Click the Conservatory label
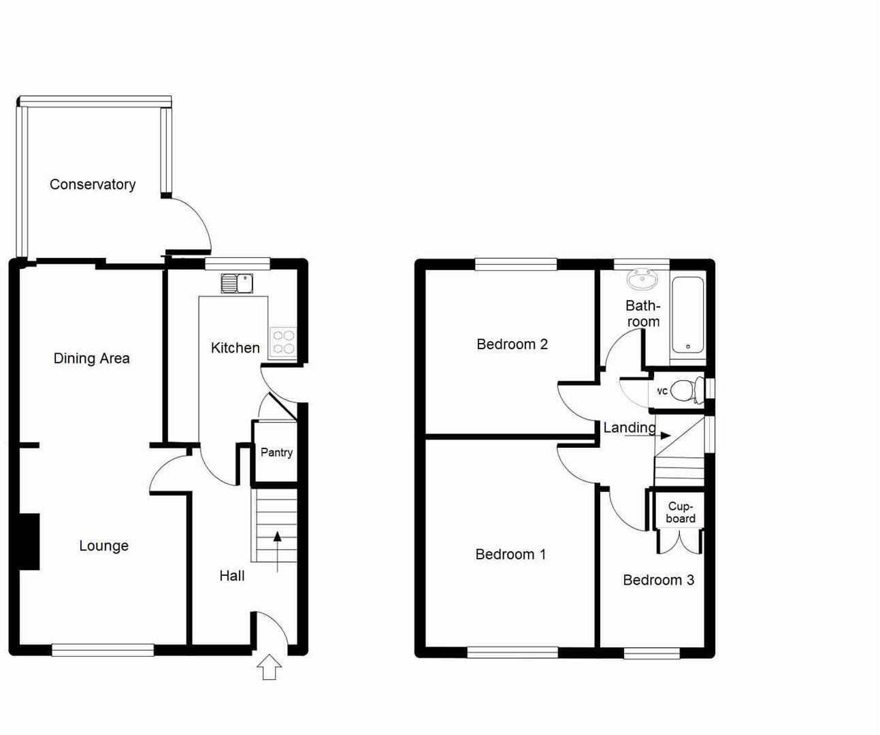[93, 184]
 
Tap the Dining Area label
[91, 359]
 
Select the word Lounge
[103, 546]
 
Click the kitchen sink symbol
[237, 283]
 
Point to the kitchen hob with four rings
[283, 342]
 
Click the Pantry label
[276, 453]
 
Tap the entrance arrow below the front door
[270, 667]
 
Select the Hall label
[231, 576]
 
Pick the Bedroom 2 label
[512, 344]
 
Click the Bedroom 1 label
[510, 555]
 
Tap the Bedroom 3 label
[658, 580]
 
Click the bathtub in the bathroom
[688, 314]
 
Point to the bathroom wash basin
[642, 280]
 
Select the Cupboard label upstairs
[681, 512]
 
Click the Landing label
[630, 427]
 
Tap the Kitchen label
[235, 348]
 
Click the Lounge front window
[103, 651]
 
